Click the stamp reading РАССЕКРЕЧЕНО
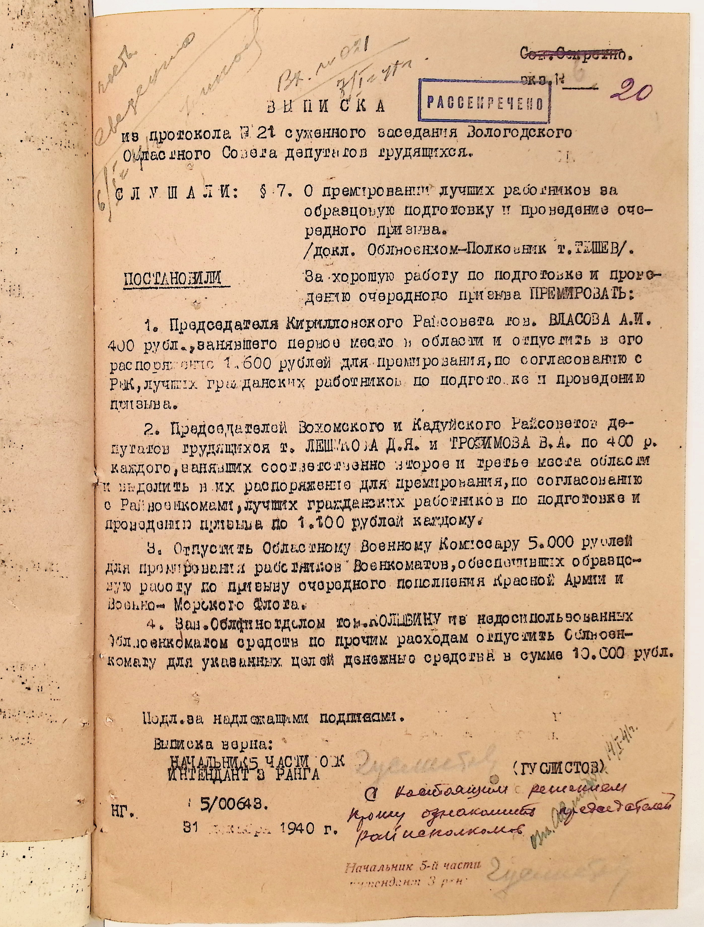click(x=485, y=102)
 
